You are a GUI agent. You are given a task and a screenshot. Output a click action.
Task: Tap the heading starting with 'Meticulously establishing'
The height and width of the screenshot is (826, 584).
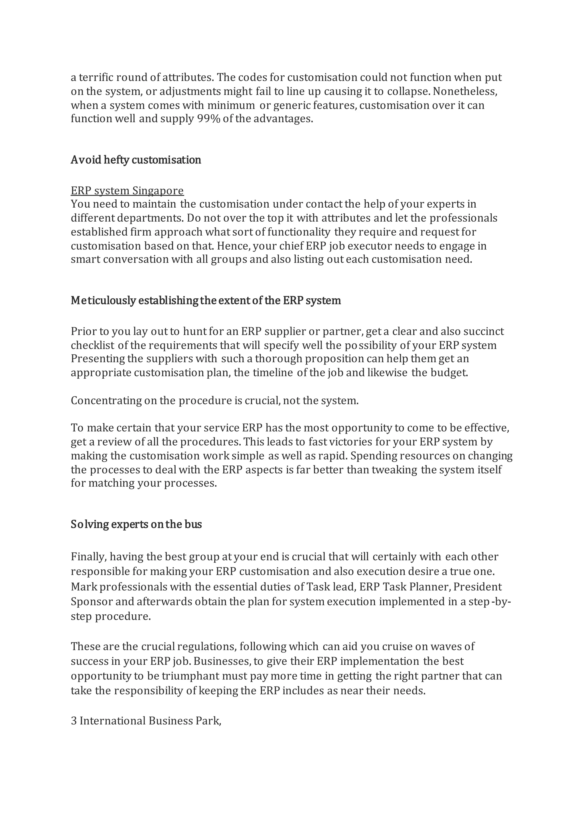click(205, 300)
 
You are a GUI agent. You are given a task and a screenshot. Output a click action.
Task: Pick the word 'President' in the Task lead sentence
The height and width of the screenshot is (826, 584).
click(477, 587)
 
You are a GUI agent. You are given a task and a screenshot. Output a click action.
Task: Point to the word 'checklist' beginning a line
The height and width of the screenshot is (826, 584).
click(92, 345)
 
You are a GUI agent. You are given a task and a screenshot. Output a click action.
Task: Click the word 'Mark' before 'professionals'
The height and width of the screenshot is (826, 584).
click(84, 587)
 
